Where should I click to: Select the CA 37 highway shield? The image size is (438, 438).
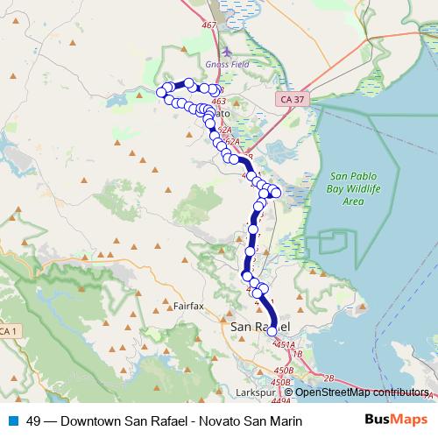click(293, 100)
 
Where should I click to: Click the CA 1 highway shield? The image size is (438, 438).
click(8, 331)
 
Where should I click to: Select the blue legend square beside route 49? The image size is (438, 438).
click(12, 421)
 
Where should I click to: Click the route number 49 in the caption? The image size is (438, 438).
click(34, 421)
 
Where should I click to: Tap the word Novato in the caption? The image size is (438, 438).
click(227, 421)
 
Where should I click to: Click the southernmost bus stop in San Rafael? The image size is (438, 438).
click(272, 331)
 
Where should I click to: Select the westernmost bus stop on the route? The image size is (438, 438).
click(161, 92)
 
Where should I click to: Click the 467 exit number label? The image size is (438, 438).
click(208, 25)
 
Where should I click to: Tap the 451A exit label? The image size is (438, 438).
click(285, 345)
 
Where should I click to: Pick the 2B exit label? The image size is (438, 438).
click(328, 378)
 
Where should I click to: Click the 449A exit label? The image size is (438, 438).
click(280, 400)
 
